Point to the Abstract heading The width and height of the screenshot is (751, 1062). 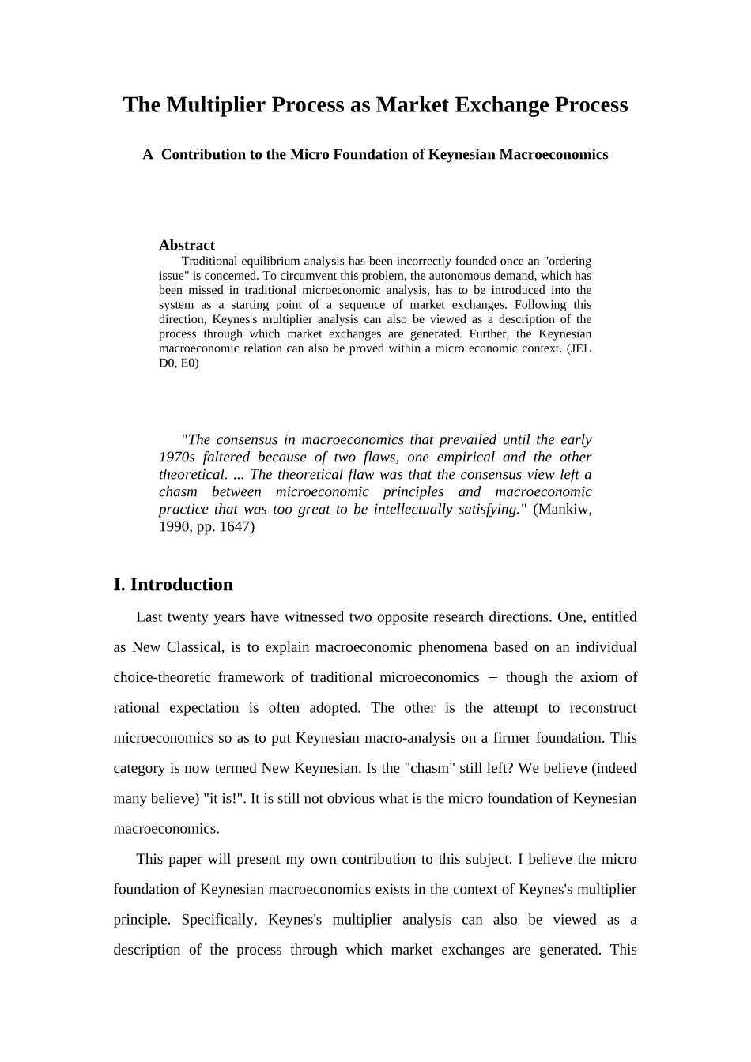(x=187, y=245)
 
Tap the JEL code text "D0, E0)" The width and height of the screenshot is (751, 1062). (x=179, y=363)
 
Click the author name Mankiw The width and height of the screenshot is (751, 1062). (x=562, y=509)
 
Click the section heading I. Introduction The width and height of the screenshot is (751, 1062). (x=173, y=585)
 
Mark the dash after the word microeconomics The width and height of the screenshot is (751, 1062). (x=492, y=678)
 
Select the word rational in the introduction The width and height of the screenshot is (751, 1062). (x=137, y=708)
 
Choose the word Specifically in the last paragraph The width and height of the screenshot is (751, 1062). (x=218, y=920)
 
